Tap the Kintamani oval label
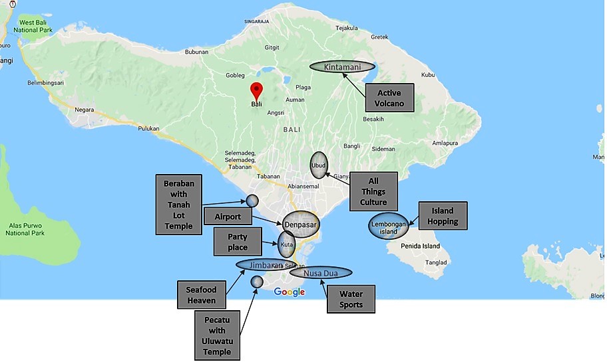pyautogui.click(x=341, y=67)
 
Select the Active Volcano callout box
pyautogui.click(x=389, y=98)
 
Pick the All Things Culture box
pyautogui.click(x=373, y=192)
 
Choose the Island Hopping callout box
pyautogui.click(x=442, y=217)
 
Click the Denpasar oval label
pyautogui.click(x=301, y=224)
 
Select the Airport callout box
pyautogui.click(x=228, y=217)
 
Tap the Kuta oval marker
pyautogui.click(x=286, y=244)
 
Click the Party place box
pyautogui.click(x=238, y=242)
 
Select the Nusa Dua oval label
pyautogui.click(x=321, y=272)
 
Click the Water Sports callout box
pyautogui.click(x=351, y=299)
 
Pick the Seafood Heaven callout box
pyautogui.click(x=201, y=294)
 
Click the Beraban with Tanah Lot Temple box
pyautogui.click(x=179, y=205)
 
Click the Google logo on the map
pyautogui.click(x=289, y=292)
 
